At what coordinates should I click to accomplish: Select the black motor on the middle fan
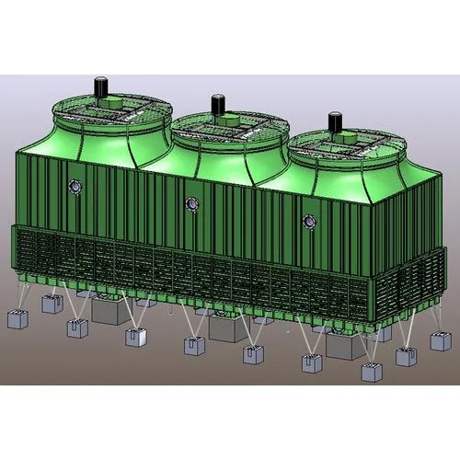pos(218,103)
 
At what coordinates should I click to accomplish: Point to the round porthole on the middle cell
pos(191,203)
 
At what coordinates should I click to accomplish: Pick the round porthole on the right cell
pos(310,221)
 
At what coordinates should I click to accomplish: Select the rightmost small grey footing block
pos(441,340)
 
